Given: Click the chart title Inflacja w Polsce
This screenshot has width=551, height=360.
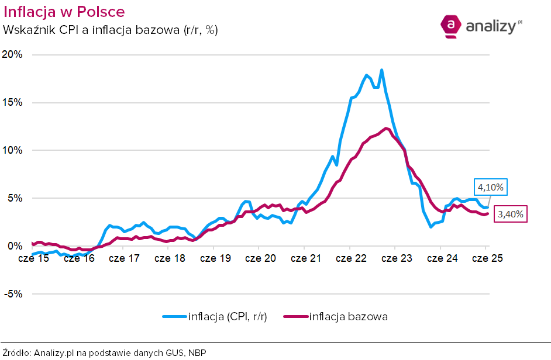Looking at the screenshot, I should pyautogui.click(x=64, y=12).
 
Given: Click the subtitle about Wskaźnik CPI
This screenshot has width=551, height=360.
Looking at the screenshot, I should pyautogui.click(x=111, y=29).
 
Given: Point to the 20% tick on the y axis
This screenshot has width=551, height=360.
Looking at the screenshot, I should pyautogui.click(x=12, y=54).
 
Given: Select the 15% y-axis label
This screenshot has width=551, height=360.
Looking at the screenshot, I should pyautogui.click(x=12, y=102).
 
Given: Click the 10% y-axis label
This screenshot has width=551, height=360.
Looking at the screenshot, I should pyautogui.click(x=12, y=150).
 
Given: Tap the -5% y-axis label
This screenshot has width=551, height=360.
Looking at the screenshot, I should pyautogui.click(x=13, y=294).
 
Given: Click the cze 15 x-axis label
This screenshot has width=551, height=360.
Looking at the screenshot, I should pyautogui.click(x=33, y=258).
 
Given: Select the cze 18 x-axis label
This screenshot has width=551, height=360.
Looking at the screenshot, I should pyautogui.click(x=169, y=258).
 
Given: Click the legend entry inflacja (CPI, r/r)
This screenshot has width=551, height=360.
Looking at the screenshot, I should pyautogui.click(x=228, y=317).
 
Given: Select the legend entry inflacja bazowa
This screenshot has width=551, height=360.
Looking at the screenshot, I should pyautogui.click(x=348, y=317).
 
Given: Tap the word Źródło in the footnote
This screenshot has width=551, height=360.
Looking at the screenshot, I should pyautogui.click(x=17, y=352).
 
